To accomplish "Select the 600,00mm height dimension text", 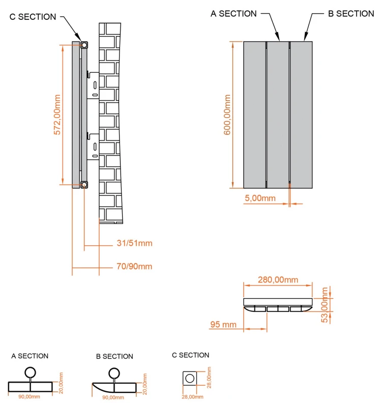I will [x=227, y=114].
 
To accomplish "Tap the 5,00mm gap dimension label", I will [x=260, y=198].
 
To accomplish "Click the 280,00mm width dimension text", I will [x=277, y=280].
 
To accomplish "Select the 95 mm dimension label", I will [x=222, y=324].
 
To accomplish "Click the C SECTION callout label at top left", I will [x=33, y=17].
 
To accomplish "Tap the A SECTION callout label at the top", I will [x=233, y=14].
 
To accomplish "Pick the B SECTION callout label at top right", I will [x=350, y=14].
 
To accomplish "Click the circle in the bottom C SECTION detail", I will [x=190, y=379].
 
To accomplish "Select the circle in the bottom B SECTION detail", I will [x=115, y=372].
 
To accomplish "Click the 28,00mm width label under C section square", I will [x=193, y=397].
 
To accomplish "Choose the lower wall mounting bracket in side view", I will [x=93, y=145].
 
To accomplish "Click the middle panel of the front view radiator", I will [x=278, y=114].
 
